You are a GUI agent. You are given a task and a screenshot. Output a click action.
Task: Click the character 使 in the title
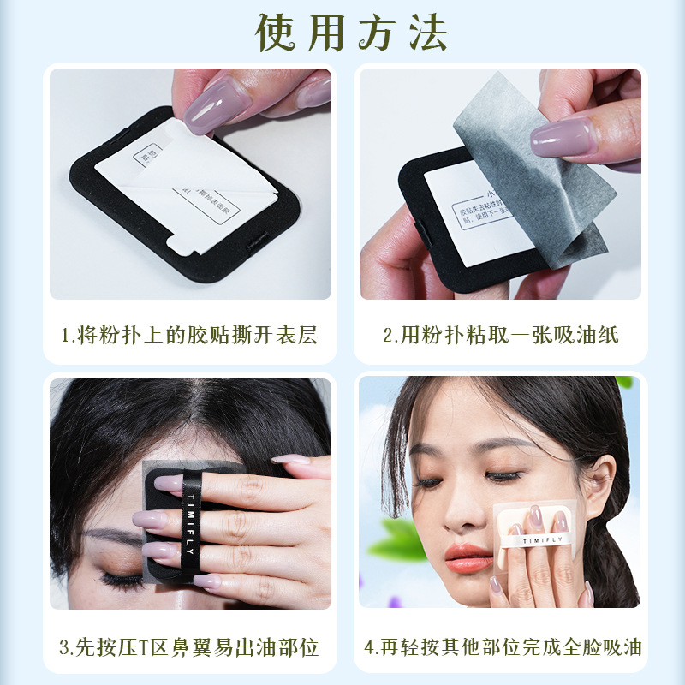[279, 33]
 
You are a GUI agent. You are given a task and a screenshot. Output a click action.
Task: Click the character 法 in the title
[426, 33]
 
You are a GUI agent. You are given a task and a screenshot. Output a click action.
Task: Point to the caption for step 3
[189, 646]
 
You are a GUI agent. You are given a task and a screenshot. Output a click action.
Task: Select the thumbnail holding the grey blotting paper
[561, 137]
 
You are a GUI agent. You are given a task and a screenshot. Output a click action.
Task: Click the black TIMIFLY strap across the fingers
[190, 522]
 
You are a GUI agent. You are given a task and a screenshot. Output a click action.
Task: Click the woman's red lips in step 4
[468, 558]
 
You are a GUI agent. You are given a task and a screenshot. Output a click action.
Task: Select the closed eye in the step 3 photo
[120, 579]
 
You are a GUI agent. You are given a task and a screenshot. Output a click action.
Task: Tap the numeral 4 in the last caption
[370, 647]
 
